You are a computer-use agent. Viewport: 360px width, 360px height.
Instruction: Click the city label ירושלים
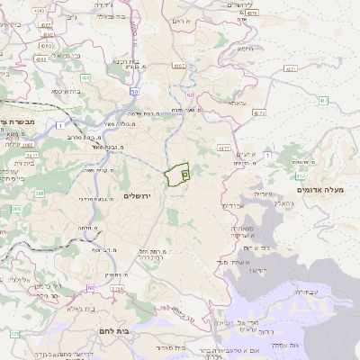(139, 195)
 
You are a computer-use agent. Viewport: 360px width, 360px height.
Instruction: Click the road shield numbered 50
(134, 91)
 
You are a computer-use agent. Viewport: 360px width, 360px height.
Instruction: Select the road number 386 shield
(40, 193)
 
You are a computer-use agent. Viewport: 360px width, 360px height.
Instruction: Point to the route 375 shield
(14, 334)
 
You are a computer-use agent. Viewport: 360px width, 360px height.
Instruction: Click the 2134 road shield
(116, 289)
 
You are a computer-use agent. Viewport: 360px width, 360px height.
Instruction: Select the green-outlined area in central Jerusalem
(177, 174)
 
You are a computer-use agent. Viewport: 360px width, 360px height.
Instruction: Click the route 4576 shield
(251, 13)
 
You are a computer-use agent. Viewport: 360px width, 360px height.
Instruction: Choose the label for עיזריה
(262, 193)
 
